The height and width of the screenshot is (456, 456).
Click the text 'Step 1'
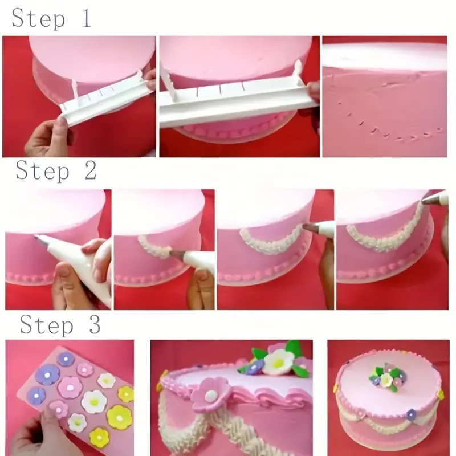click(x=51, y=18)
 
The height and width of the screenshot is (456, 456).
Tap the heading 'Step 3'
click(x=60, y=325)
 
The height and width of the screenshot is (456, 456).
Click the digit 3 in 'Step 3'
click(x=94, y=325)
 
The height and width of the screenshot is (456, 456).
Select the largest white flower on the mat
click(x=94, y=402)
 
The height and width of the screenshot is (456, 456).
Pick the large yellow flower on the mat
click(x=119, y=417)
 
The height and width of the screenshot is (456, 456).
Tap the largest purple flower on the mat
click(x=47, y=374)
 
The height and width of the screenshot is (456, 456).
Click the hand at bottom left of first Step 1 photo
click(x=46, y=137)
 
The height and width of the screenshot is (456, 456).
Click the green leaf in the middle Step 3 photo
click(x=294, y=348)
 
